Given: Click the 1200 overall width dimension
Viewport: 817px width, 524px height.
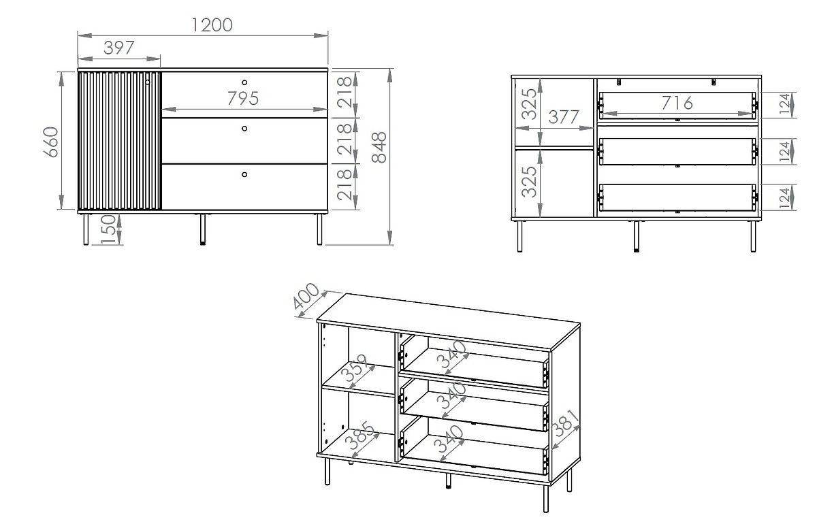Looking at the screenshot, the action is (x=212, y=25).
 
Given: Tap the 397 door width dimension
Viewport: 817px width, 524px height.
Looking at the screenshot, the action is (x=119, y=48).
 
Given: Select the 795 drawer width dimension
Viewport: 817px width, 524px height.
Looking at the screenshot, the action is (x=243, y=99).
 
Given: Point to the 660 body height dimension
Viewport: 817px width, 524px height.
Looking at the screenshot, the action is (x=52, y=142).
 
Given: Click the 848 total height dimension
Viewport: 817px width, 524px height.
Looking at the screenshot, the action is (x=379, y=147).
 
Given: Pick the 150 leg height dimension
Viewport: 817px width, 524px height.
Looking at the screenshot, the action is (x=108, y=229).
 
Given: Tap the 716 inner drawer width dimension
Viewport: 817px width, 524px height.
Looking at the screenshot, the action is (x=677, y=103).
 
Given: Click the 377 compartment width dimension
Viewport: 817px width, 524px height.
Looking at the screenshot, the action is (x=564, y=116).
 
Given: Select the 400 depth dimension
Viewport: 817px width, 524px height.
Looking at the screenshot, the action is (x=306, y=296).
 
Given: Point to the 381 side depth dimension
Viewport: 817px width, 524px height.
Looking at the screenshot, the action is (x=566, y=423).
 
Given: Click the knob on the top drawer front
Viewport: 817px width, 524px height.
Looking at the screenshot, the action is (x=244, y=82).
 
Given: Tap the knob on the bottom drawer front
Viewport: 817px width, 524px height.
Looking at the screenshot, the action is (x=244, y=174).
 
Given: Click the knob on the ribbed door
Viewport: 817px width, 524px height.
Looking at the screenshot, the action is (x=147, y=82).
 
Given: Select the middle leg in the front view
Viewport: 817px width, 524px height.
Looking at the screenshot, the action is (x=203, y=229).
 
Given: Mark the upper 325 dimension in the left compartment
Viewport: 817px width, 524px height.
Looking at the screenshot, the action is (x=529, y=104).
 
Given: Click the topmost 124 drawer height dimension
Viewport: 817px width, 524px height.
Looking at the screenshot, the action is (x=785, y=103).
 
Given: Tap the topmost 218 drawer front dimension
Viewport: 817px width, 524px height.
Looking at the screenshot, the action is (x=345, y=93).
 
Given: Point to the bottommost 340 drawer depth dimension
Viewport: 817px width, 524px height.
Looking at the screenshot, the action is (x=449, y=440).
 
